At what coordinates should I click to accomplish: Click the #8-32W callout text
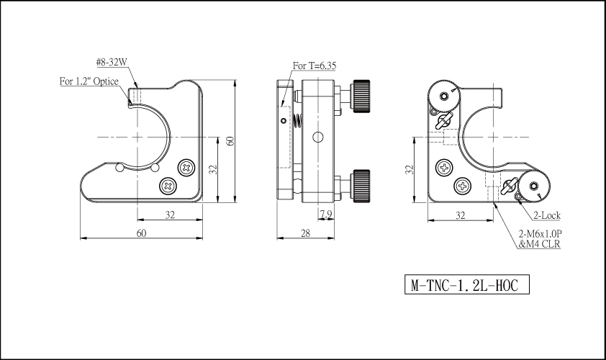click(x=112, y=62)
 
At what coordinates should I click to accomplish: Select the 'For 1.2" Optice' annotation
click(x=89, y=81)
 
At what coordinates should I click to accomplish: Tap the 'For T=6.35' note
click(x=315, y=66)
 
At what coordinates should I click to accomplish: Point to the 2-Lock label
click(x=547, y=215)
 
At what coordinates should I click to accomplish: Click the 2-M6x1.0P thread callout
click(x=540, y=234)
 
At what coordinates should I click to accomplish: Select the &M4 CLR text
click(x=539, y=244)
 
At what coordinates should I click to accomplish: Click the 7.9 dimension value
click(x=326, y=214)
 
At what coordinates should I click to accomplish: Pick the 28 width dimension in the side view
click(x=305, y=233)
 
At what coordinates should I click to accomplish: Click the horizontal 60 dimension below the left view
click(x=142, y=233)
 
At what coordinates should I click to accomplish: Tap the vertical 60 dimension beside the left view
click(x=230, y=140)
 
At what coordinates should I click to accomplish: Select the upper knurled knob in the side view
click(x=361, y=96)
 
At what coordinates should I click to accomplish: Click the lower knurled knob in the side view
click(x=361, y=186)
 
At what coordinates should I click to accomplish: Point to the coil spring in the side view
click(x=297, y=122)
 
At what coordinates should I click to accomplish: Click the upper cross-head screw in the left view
click(x=186, y=168)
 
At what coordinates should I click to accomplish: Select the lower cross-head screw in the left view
click(x=168, y=186)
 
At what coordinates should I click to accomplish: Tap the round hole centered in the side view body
click(x=317, y=137)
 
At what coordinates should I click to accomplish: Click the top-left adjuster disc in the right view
click(x=443, y=96)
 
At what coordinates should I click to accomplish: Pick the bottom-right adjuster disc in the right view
click(x=534, y=186)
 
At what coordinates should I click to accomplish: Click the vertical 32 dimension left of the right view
click(x=410, y=169)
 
